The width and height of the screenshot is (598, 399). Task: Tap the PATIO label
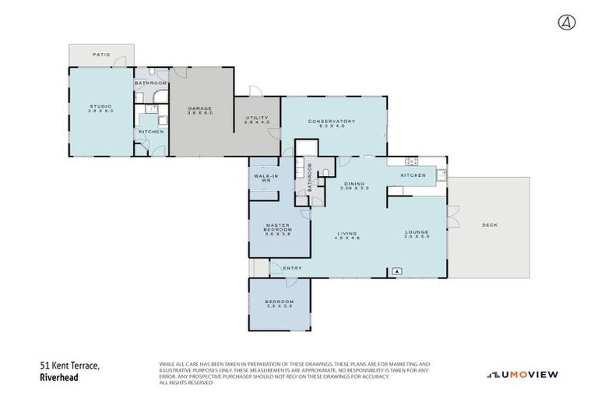point(101,55)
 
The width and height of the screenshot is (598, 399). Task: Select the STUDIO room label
point(101,108)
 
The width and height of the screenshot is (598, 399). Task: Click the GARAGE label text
point(200,110)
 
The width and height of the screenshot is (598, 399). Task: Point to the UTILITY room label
point(256,120)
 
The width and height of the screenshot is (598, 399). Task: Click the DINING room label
point(355,185)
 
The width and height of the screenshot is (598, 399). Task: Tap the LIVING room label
point(347,235)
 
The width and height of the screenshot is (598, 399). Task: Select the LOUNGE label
point(417,235)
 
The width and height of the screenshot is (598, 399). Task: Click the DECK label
point(489,225)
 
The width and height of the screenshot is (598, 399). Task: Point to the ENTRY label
point(293,269)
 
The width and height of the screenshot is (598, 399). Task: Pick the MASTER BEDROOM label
point(278,228)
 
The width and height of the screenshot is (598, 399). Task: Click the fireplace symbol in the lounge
point(397,271)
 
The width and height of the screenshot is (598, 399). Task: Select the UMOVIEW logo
point(522,375)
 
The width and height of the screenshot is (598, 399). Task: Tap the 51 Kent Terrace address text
point(70,365)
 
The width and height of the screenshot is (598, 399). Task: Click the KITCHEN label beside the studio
point(151,132)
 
